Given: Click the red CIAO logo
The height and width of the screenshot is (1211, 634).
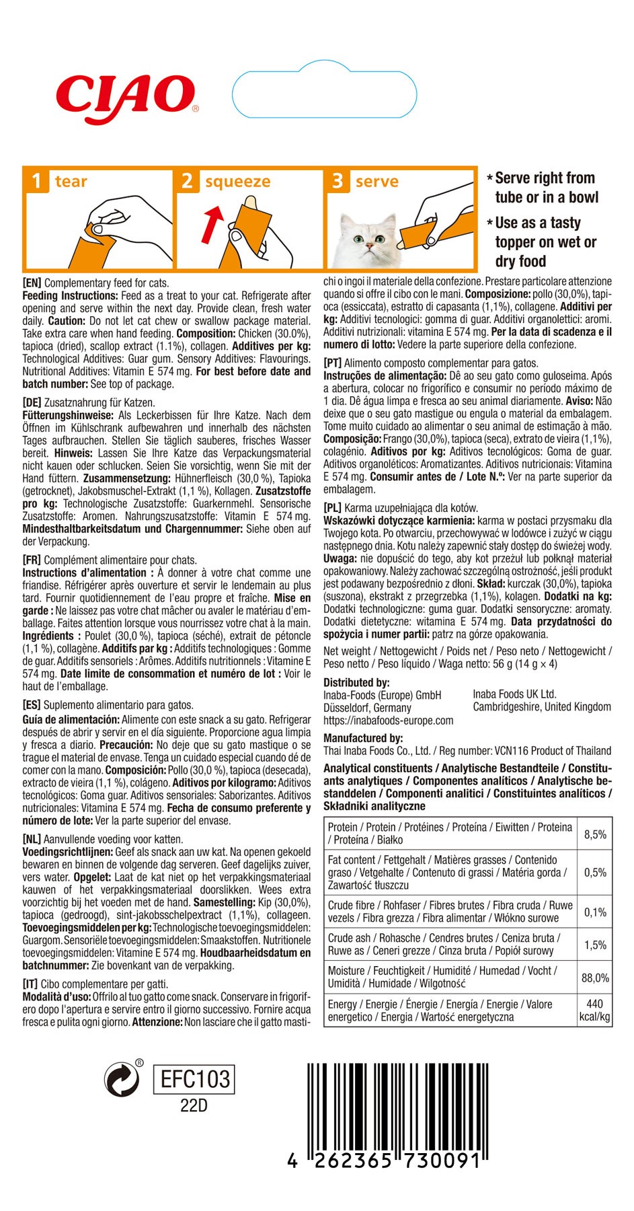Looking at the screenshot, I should click(125, 94).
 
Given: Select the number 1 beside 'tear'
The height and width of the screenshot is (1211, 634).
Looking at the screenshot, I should click(36, 182).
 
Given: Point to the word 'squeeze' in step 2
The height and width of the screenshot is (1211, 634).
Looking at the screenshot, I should click(237, 182).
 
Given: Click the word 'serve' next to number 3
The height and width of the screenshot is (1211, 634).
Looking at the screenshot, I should click(377, 182).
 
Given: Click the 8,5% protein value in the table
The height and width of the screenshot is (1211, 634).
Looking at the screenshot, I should click(595, 834).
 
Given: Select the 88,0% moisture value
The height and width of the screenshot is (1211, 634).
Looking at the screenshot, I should click(595, 978).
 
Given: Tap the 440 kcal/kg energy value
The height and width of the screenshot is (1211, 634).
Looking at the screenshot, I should click(595, 1010).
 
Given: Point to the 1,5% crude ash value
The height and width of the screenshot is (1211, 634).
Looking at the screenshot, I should click(595, 945).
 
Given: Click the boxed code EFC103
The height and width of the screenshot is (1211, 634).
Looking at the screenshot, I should click(194, 1080).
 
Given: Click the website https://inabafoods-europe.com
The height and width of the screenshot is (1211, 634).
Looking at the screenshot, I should click(388, 721).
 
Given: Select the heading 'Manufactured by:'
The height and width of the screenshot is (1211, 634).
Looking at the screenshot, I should click(363, 738).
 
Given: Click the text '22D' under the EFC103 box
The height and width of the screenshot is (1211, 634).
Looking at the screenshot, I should click(194, 1106).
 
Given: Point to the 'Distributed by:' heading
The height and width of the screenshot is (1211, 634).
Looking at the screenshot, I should click(356, 682).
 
